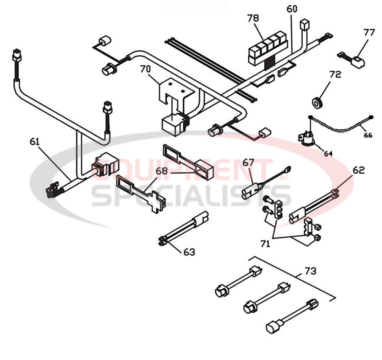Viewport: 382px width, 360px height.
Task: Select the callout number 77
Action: pos(369,32)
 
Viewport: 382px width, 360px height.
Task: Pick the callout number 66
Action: pos(367,135)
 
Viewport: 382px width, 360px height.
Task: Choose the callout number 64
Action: pos(328,153)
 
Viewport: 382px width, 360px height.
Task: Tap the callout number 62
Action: pos(359,170)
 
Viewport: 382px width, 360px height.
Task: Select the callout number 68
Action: pos(162,171)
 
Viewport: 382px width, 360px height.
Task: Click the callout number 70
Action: pos(145,69)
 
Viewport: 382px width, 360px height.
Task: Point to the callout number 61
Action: pos(34,142)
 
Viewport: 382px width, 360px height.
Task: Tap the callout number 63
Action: pos(189,252)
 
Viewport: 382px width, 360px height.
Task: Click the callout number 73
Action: pos(310,271)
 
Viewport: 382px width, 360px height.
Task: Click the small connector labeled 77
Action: pos(358,61)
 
